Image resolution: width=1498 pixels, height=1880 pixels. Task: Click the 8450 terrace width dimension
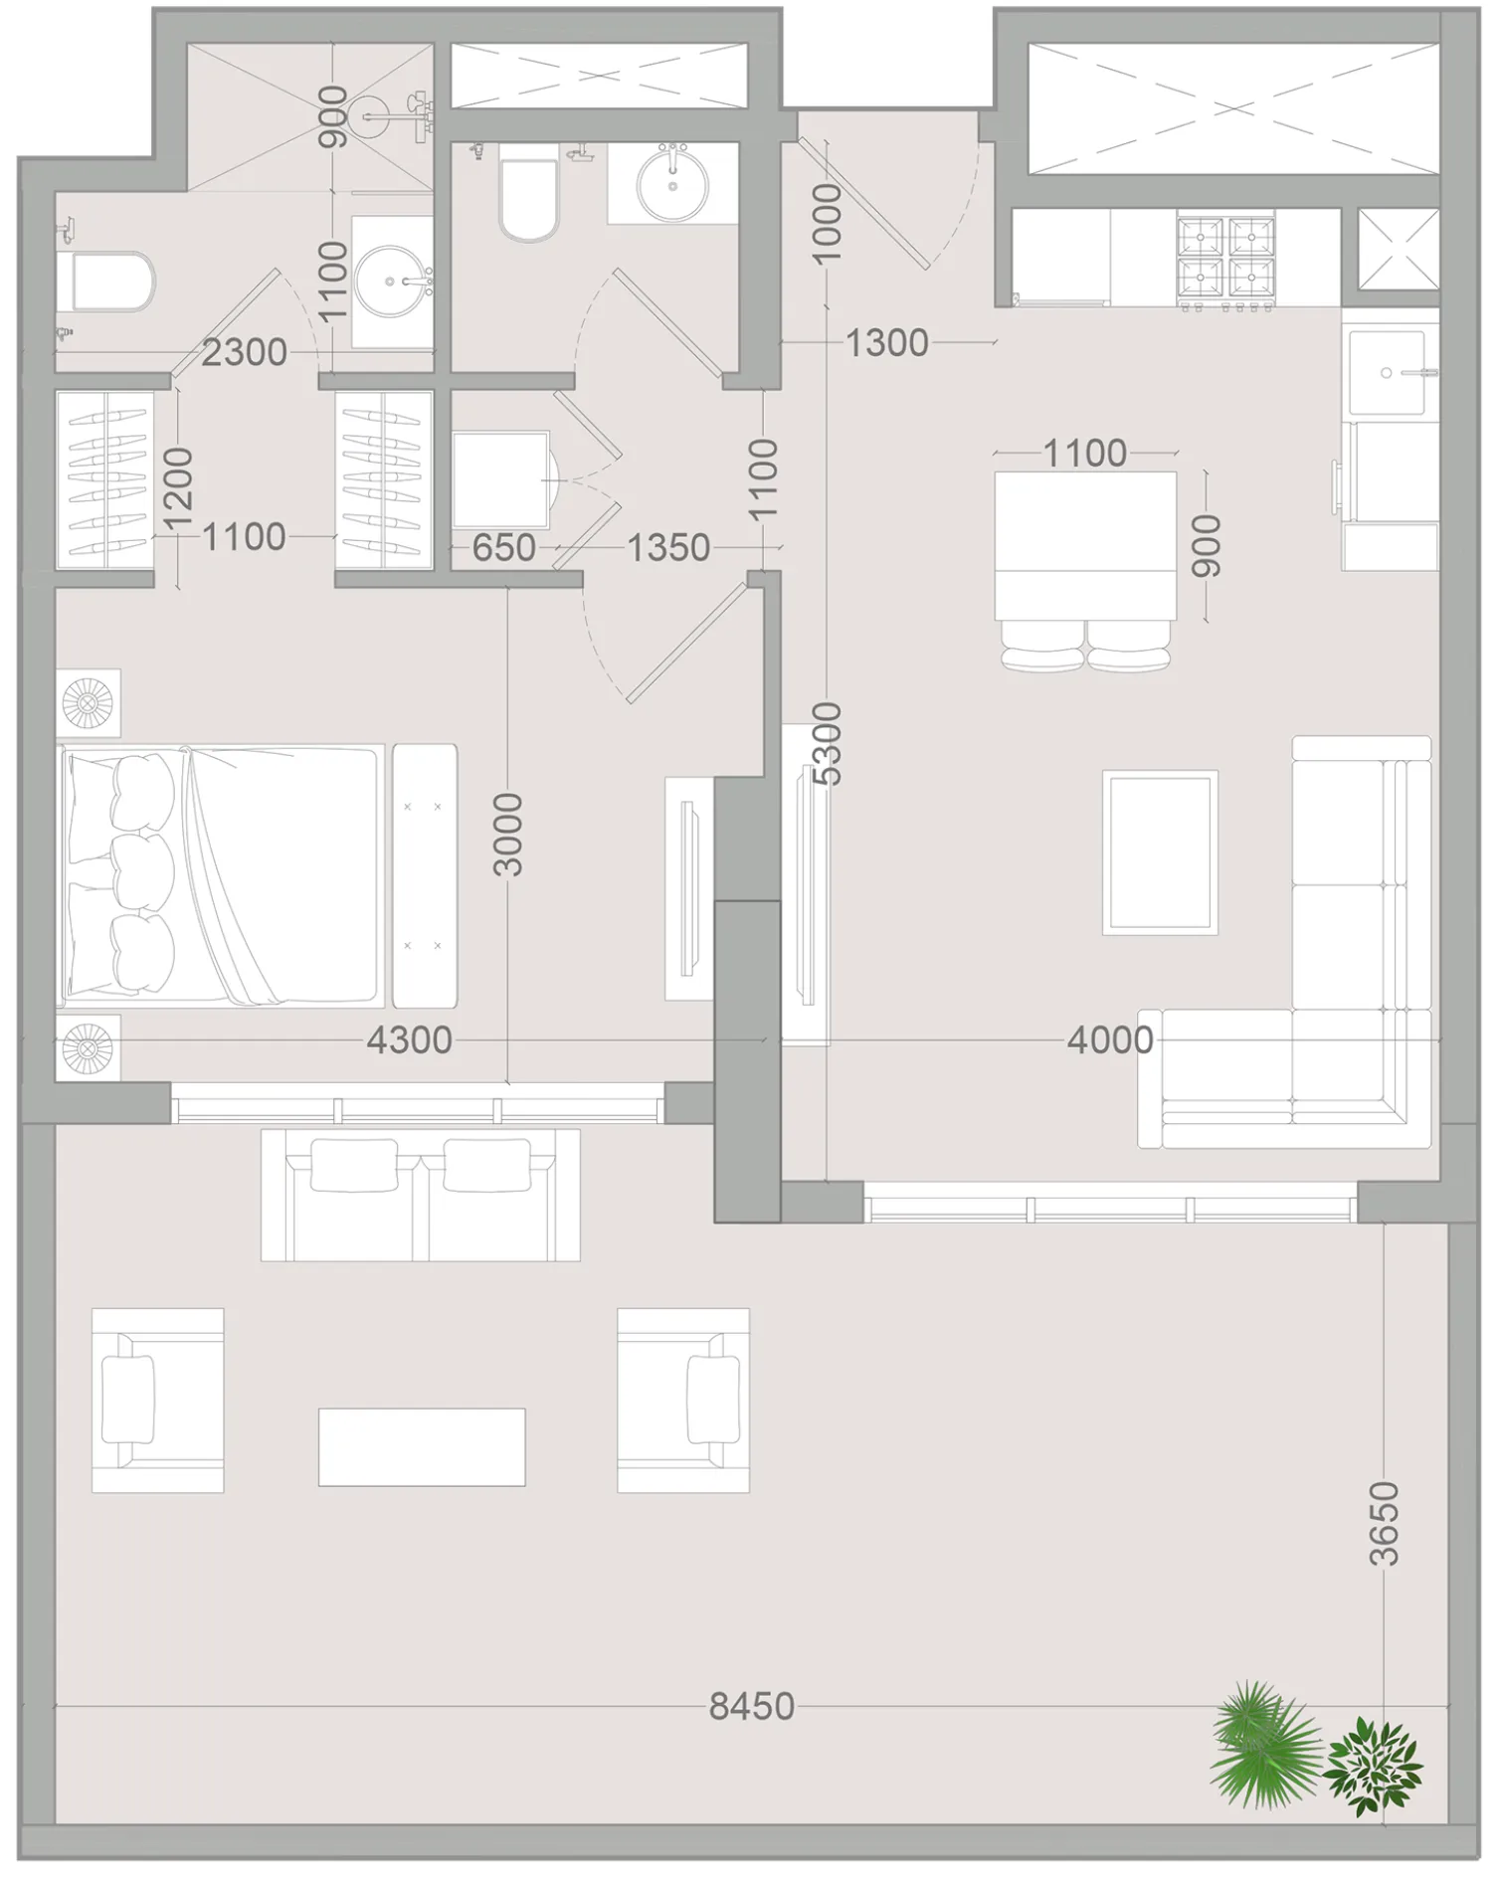pyautogui.click(x=751, y=1707)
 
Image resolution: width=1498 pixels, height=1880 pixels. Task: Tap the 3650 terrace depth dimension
pyautogui.click(x=1384, y=1523)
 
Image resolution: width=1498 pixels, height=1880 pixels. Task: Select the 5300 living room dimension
pyautogui.click(x=827, y=743)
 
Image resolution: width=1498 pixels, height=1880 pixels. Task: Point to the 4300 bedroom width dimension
pyautogui.click(x=409, y=1040)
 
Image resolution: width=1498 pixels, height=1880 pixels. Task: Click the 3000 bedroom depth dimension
pyautogui.click(x=507, y=834)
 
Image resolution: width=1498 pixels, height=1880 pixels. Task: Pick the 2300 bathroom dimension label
pyautogui.click(x=244, y=352)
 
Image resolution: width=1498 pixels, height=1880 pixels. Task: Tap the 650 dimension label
pyautogui.click(x=503, y=547)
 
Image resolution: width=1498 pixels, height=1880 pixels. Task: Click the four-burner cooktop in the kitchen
pyautogui.click(x=1225, y=257)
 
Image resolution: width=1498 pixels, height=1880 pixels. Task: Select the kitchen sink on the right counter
pyautogui.click(x=1389, y=372)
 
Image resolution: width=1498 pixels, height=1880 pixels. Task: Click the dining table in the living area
pyautogui.click(x=1085, y=545)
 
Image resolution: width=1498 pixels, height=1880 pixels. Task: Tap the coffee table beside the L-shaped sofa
pyautogui.click(x=1160, y=852)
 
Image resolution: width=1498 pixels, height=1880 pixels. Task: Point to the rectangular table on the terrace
pyautogui.click(x=422, y=1446)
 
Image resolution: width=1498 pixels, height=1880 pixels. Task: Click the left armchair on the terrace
pyautogui.click(x=157, y=1400)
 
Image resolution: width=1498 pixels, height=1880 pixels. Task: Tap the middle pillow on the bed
pyautogui.click(x=142, y=872)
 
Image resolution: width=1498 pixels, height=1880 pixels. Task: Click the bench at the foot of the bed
pyautogui.click(x=425, y=875)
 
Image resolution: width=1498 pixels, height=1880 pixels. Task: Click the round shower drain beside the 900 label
pyautogui.click(x=367, y=116)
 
